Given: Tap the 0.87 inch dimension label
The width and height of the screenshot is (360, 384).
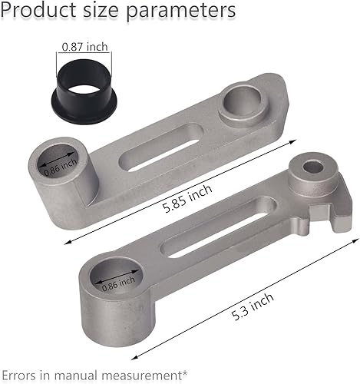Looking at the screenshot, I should coord(85,46).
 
